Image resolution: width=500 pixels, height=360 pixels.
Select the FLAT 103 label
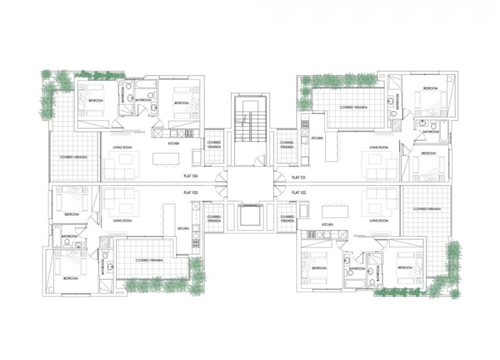click(191, 192)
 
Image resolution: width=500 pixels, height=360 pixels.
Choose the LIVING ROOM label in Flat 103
click(122, 221)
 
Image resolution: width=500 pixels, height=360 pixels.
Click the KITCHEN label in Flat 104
click(174, 144)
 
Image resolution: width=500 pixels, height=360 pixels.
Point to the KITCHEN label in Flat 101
click(317, 138)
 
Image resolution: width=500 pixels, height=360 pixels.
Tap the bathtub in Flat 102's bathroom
click(353, 283)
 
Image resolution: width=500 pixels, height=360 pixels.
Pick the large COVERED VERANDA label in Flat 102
click(427, 209)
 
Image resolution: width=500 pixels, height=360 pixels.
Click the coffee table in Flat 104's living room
click(126, 159)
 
